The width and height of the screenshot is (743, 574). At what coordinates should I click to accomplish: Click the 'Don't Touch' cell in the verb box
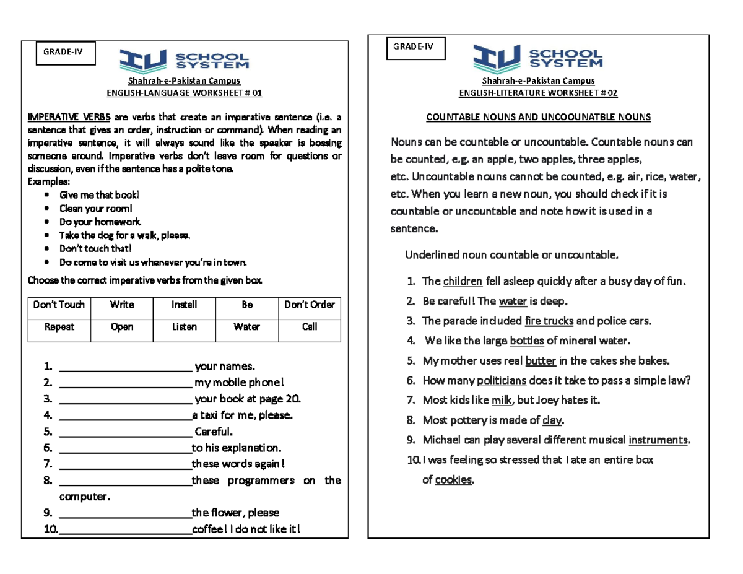pos(59,305)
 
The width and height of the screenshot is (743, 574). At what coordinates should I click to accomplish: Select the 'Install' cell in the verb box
pos(184,305)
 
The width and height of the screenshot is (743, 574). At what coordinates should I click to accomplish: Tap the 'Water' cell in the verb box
pos(246,327)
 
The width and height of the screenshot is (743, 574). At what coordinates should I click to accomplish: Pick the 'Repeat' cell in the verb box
pos(59,327)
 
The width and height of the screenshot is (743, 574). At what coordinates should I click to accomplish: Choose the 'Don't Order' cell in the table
pos(309,305)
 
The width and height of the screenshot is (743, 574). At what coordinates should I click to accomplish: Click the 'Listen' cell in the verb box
pos(184,327)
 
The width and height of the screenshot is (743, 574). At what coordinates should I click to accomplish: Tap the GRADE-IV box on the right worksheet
pos(415,46)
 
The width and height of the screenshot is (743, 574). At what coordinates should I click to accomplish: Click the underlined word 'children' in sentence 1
pos(463,282)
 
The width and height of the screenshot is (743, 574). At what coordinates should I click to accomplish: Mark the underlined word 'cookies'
pos(453,480)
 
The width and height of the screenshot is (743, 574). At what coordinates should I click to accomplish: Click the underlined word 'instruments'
pos(658,440)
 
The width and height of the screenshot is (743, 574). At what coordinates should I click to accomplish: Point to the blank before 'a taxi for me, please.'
pos(125,415)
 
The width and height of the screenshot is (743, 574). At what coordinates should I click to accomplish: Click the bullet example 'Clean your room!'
pos(95,208)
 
